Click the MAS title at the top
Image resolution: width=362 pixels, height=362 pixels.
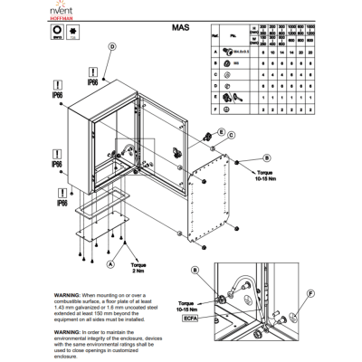click(x=179, y=29)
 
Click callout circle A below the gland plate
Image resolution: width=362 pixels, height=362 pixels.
click(x=110, y=263)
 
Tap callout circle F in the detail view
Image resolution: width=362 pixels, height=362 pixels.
click(x=309, y=294)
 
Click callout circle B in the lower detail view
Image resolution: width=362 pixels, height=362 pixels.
click(x=195, y=271)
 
